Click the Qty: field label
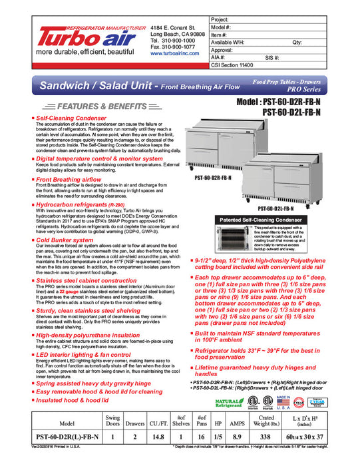297,41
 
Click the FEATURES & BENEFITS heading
90,107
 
